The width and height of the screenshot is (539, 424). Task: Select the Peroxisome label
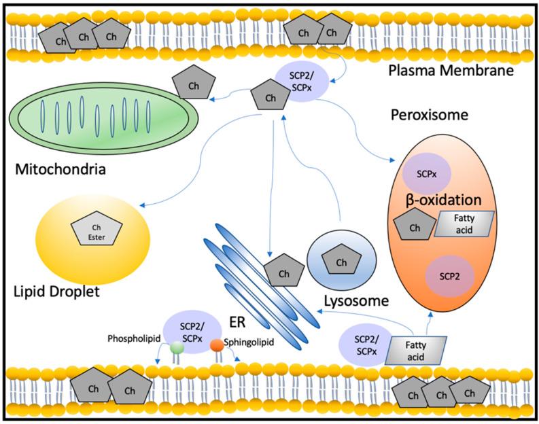[429, 115]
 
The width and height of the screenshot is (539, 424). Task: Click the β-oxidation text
[445, 201]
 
